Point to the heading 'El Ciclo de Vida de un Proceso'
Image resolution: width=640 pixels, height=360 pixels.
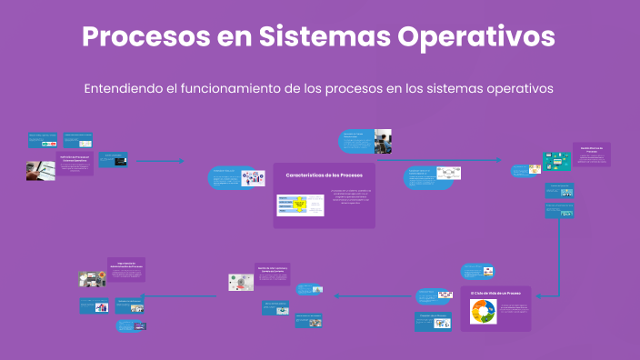pos(495,294)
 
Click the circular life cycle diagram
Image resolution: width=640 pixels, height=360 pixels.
pos(483,312)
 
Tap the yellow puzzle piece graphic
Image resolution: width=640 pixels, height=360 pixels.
pos(300,205)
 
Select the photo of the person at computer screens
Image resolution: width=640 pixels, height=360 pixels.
pos(383,141)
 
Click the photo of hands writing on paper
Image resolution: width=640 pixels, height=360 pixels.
pos(40,169)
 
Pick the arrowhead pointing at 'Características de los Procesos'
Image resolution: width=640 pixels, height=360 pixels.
pos(182,162)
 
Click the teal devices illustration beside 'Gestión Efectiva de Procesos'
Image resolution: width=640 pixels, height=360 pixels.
pos(555,162)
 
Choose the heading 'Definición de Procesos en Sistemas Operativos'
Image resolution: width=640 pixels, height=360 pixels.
pos(75,160)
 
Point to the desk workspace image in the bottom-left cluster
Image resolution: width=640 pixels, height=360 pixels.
pos(92,279)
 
